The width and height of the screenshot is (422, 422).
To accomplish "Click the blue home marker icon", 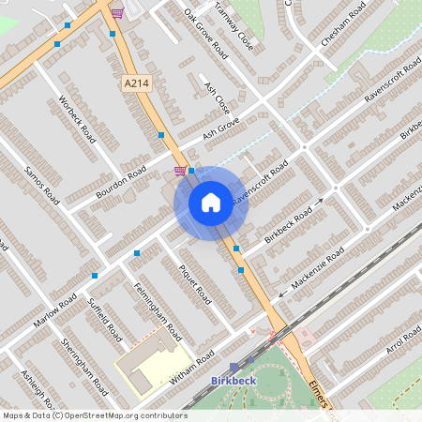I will [x=211, y=202].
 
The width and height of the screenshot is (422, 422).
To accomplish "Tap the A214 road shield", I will [x=135, y=83].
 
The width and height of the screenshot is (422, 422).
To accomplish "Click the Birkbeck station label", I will [x=234, y=381].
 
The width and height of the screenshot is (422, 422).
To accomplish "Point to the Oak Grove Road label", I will [x=206, y=34].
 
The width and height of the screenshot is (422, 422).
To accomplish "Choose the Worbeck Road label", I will [x=77, y=118].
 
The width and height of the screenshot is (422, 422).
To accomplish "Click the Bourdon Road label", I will [x=125, y=175].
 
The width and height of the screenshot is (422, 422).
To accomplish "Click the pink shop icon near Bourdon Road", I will [x=179, y=171].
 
